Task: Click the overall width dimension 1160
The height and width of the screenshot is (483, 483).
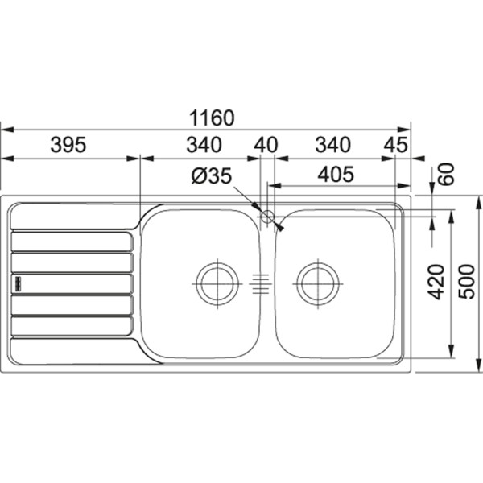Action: pos(212,118)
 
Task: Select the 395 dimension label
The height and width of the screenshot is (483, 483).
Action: pos(68,145)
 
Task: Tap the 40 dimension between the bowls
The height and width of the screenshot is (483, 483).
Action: pos(266,145)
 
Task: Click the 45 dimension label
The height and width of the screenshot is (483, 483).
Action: pos(395,145)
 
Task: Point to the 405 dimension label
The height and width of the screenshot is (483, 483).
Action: pos(336,174)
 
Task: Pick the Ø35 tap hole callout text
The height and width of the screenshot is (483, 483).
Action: pos(211,176)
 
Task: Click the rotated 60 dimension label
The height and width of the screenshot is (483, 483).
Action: pos(446,174)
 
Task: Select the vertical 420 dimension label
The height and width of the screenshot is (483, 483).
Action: pos(437,282)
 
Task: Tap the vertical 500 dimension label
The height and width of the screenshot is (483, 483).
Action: pos(466,282)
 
